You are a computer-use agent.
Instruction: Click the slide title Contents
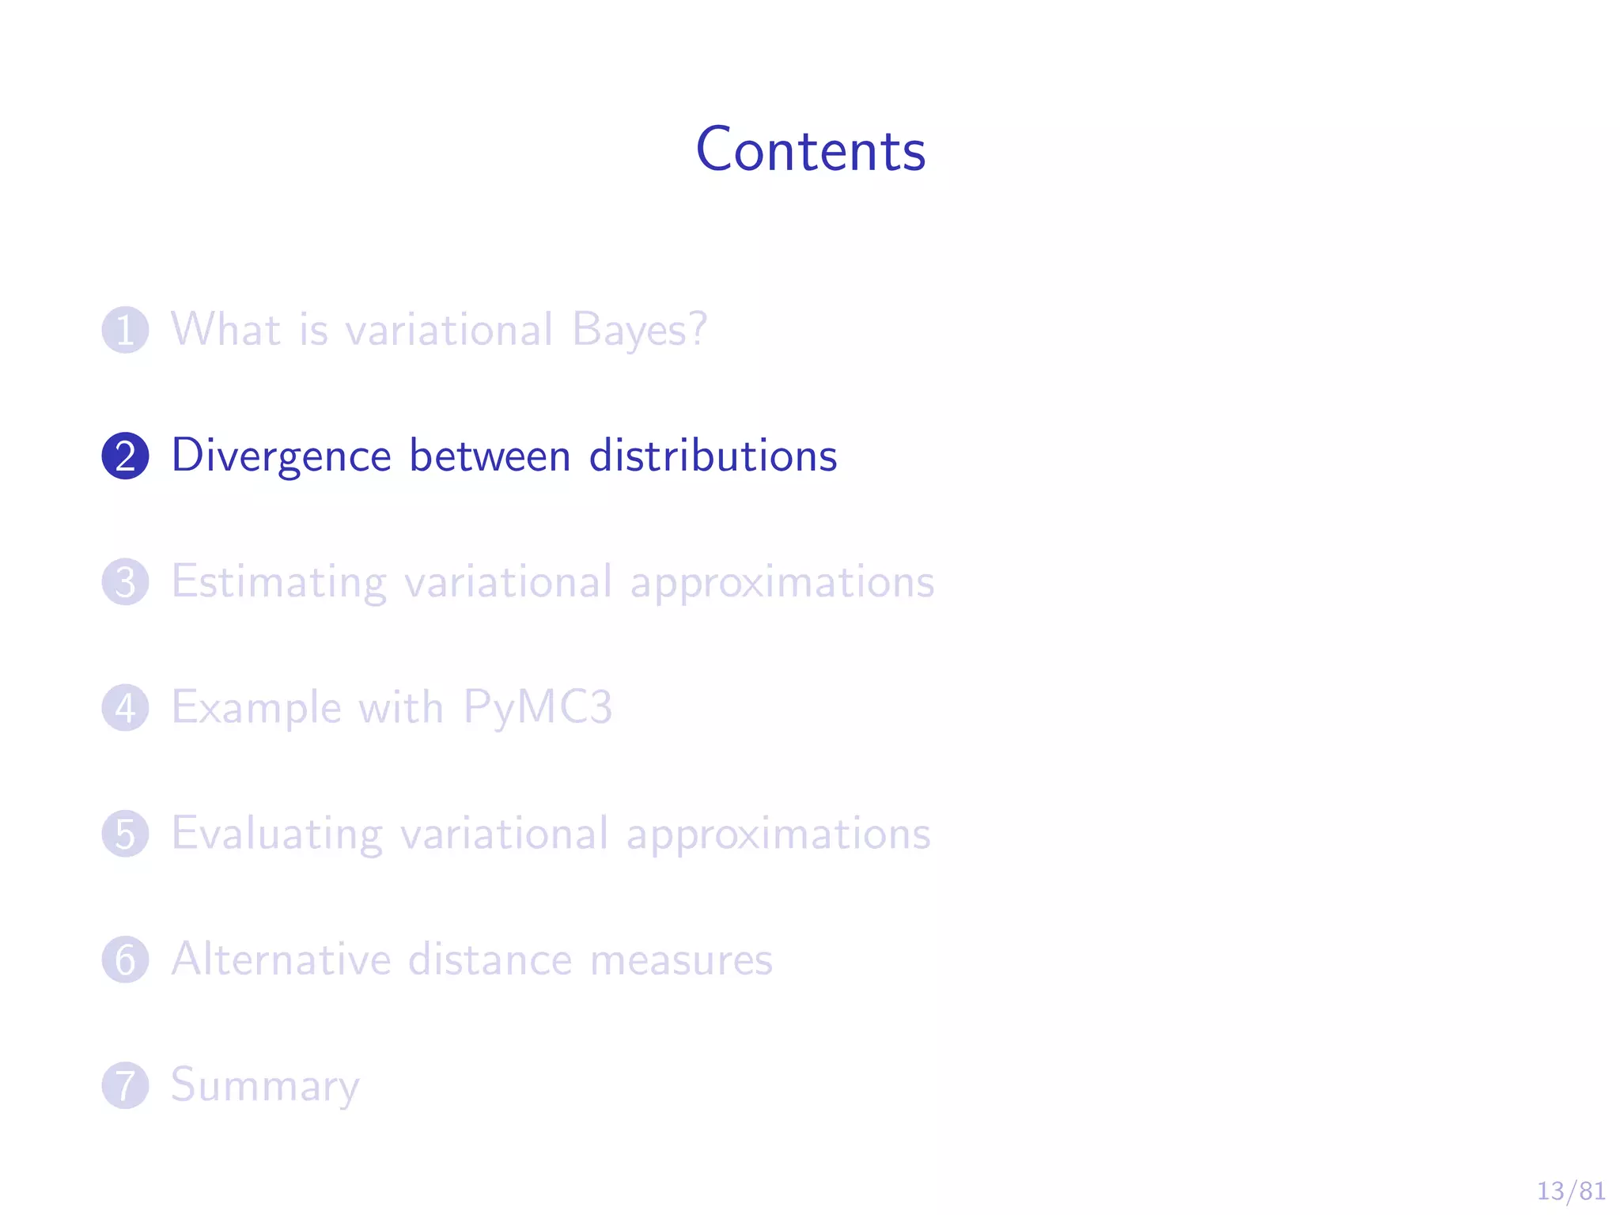pos(810,150)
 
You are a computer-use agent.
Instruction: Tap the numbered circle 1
pos(125,330)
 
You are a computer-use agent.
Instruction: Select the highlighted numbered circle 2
pos(125,456)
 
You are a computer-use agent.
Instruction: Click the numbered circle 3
pos(125,581)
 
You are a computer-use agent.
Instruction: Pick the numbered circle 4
pos(125,707)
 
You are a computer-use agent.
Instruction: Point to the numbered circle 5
pos(125,833)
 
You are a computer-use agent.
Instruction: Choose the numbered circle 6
pos(125,959)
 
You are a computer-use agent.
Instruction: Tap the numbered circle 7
pos(125,1084)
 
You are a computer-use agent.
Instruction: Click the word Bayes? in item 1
pos(639,329)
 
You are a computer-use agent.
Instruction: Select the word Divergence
pos(282,456)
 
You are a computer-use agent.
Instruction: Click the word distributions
pos(713,456)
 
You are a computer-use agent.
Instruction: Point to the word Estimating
pos(279,582)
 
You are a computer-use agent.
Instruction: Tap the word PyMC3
pos(537,707)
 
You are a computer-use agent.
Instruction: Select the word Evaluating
pos(277,834)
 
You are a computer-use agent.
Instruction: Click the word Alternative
pos(282,959)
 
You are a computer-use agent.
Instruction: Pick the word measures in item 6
pos(681,960)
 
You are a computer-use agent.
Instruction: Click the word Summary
pos(266,1085)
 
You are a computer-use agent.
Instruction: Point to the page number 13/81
pos(1570,1190)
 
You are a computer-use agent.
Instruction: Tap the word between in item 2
pos(490,456)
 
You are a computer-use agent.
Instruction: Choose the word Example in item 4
pos(256,708)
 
